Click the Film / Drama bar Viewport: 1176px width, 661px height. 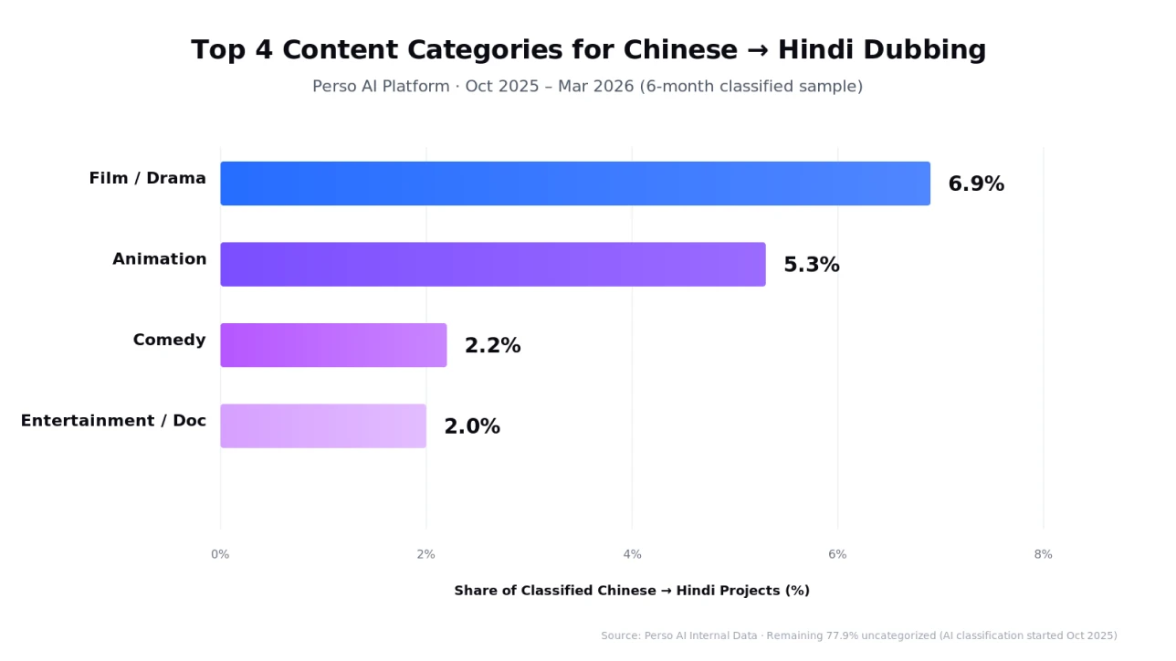[575, 184]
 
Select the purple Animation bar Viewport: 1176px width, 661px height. [493, 265]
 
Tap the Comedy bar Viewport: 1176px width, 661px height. [333, 345]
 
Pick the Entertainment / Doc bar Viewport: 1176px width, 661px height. [323, 426]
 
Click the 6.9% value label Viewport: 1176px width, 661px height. [976, 184]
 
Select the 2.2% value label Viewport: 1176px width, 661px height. [492, 346]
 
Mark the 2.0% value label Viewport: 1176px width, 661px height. [471, 427]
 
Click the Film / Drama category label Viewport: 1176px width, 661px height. [147, 179]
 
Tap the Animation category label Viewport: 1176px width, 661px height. [159, 259]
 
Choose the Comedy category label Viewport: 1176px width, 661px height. [169, 341]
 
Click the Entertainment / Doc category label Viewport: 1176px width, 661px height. [113, 421]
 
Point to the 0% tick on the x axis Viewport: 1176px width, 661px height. [220, 554]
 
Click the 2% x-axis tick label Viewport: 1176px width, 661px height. [425, 554]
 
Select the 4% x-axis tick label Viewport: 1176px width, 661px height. [632, 554]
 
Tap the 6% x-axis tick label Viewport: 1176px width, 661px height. [837, 554]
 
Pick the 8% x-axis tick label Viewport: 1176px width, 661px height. [1043, 554]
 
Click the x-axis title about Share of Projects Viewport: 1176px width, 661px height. [632, 591]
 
